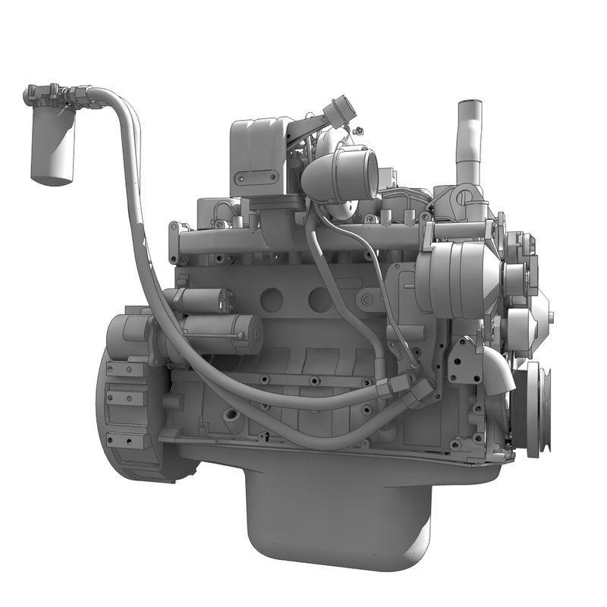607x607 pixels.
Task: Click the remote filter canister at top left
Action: click(52, 147)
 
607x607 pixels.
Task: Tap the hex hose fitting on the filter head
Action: click(77, 96)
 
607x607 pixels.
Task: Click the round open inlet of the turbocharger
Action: click(363, 171)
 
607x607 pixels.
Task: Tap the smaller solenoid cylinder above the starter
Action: click(199, 300)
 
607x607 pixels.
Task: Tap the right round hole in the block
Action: click(319, 300)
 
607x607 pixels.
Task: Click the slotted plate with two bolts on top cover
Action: click(256, 178)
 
